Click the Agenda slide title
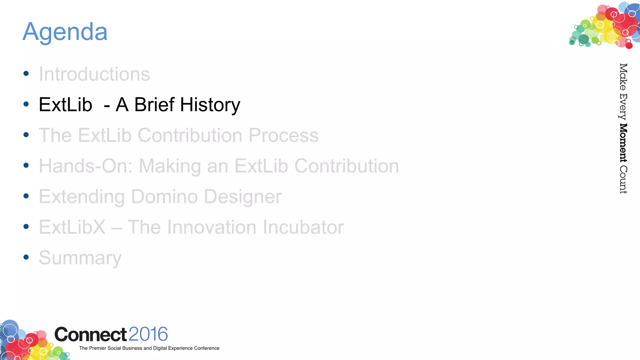pos(65,32)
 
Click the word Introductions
pos(94,74)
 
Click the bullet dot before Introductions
pos(26,74)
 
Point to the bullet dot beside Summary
pos(26,257)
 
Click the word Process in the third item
pos(283,135)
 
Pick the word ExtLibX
pos(72,227)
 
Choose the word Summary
pos(80,258)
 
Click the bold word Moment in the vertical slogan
pos(623,143)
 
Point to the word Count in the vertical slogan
pos(623,180)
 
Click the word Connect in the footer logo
pos(91,335)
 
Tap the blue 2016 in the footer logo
pos(148,334)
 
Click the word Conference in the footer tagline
pos(207,348)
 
